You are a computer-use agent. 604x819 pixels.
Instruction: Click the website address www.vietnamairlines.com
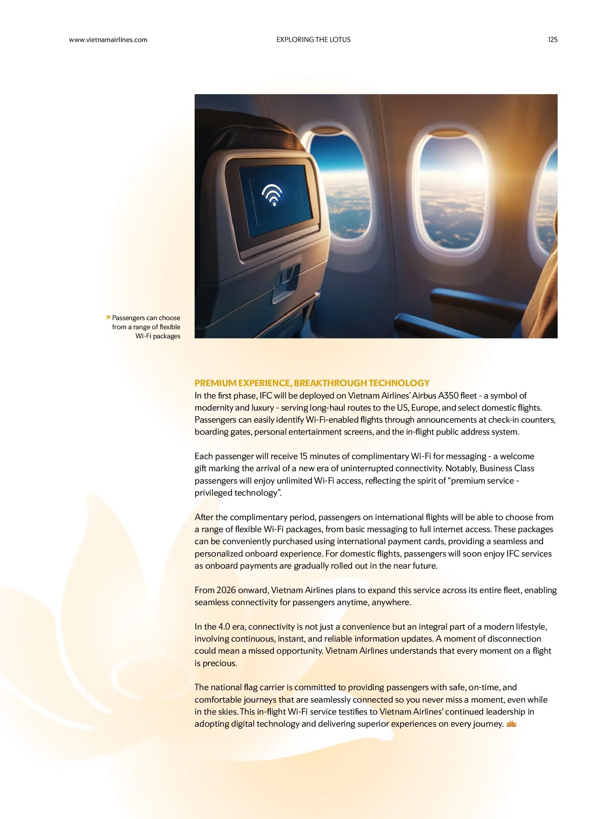pyautogui.click(x=108, y=40)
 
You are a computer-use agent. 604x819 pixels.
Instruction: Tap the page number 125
pyautogui.click(x=552, y=40)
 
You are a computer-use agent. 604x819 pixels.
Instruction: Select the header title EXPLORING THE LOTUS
pyautogui.click(x=313, y=40)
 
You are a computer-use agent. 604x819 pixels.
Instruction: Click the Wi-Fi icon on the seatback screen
pyautogui.click(x=272, y=195)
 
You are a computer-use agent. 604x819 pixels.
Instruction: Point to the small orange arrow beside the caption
pyautogui.click(x=108, y=318)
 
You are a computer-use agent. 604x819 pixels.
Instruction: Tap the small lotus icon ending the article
pyautogui.click(x=511, y=724)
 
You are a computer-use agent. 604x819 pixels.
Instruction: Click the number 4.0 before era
pyautogui.click(x=224, y=627)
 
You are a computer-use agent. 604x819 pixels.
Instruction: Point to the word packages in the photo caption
pyautogui.click(x=167, y=336)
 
